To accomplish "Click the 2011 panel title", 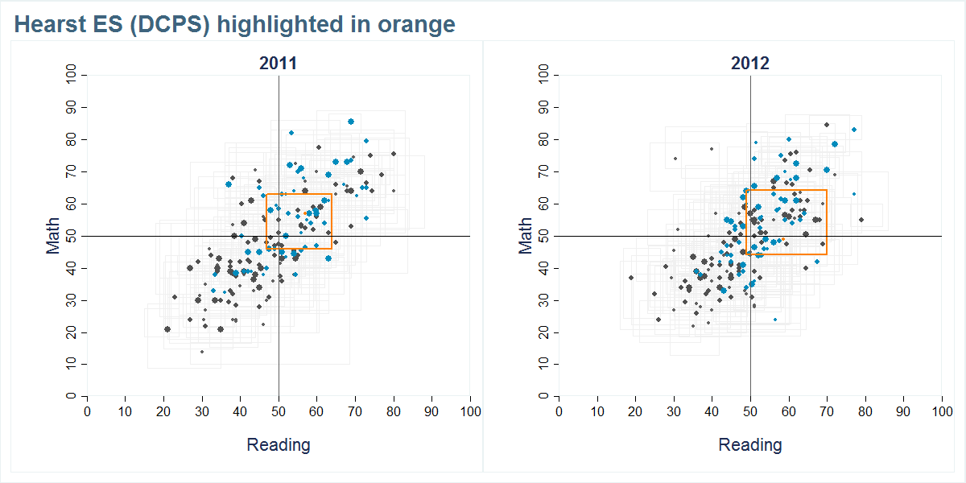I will coord(278,64).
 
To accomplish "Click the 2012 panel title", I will coord(749,64).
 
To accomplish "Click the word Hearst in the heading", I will coord(51,25).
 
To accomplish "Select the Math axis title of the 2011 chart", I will coord(54,236).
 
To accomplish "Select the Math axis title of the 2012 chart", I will coord(526,236).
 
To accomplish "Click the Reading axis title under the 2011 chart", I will coord(278,444).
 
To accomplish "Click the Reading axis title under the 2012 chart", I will coord(749,444).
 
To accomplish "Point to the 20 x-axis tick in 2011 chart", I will coord(163,411).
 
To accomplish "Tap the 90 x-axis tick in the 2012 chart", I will coord(904,411).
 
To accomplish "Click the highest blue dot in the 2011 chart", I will coord(351,122).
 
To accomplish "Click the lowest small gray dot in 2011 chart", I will coord(202,352).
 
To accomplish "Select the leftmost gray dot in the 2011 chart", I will coord(167,329).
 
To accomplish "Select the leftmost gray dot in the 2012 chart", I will coord(631,278).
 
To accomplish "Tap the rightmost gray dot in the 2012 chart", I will coord(861,220).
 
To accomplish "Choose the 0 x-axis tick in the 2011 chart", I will coord(87,411).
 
